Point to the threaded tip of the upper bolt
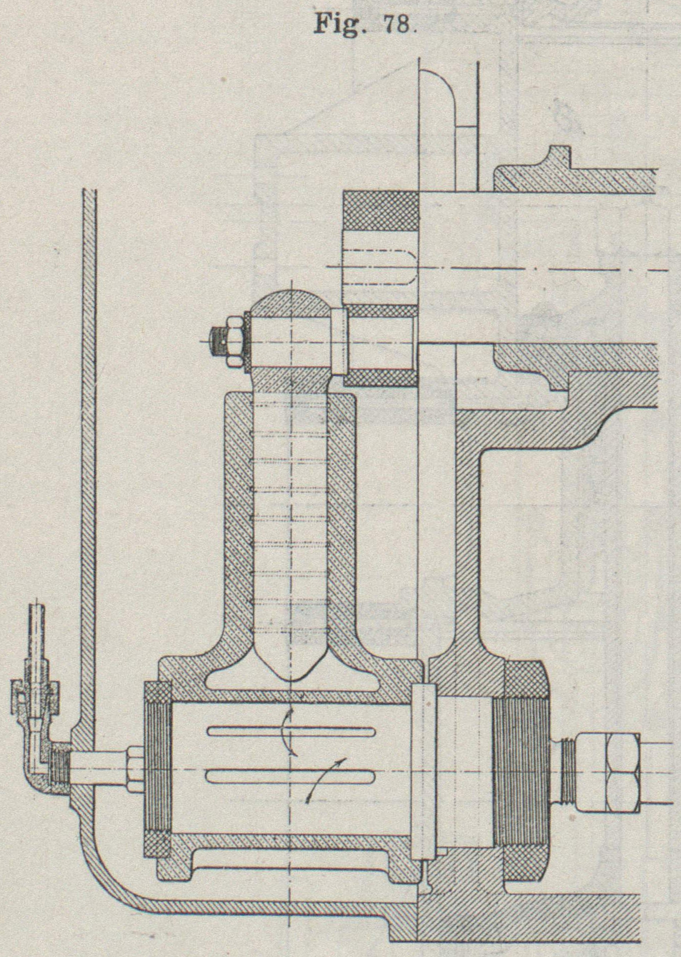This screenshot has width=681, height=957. point(216,341)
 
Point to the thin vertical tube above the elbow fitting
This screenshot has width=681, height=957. point(36,634)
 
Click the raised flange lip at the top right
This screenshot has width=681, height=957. point(558,156)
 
